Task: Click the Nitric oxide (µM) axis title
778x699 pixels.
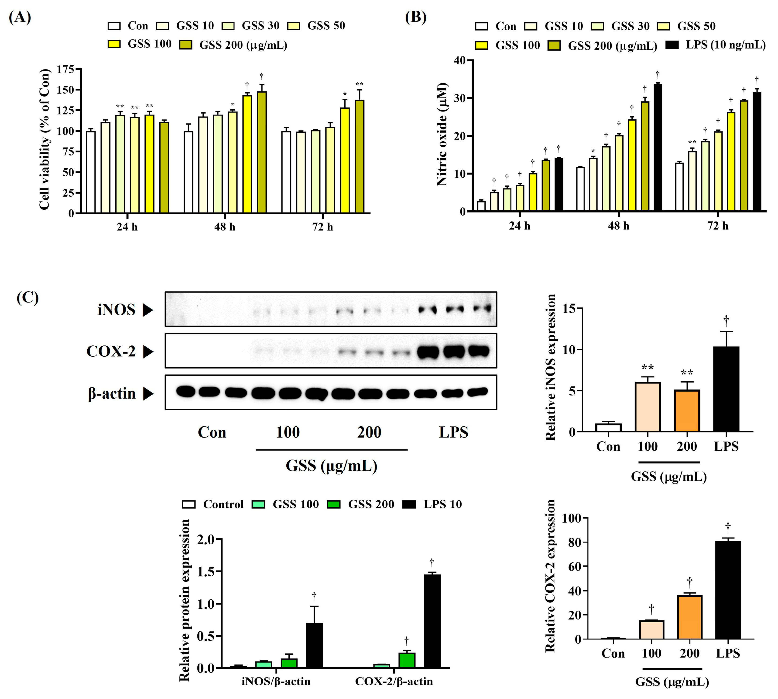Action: pos(442,134)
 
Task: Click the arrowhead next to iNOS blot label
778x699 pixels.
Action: pos(148,310)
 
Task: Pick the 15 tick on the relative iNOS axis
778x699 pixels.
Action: pos(569,308)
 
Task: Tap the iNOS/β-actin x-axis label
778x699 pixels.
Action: pos(276,681)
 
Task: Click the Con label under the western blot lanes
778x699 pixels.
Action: pos(212,432)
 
